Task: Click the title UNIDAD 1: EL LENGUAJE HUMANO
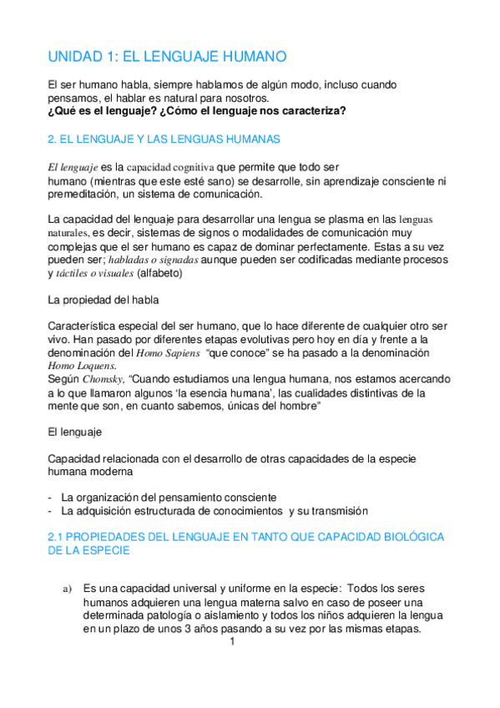[167, 57]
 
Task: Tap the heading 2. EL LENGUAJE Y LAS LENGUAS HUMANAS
[164, 139]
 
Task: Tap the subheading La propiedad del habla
[102, 299]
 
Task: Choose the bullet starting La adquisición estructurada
[215, 510]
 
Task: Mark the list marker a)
[68, 589]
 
